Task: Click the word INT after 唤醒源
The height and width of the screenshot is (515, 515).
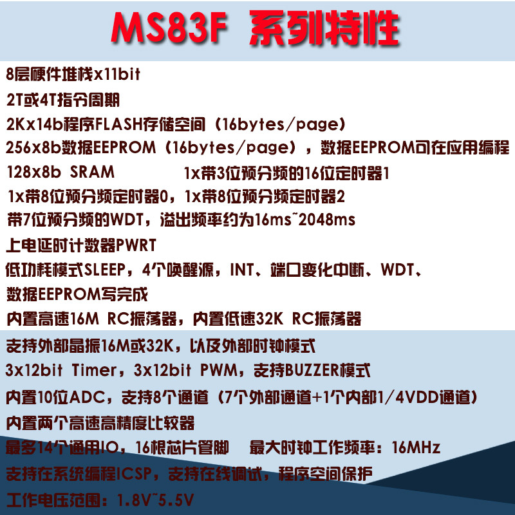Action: pyautogui.click(x=242, y=270)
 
